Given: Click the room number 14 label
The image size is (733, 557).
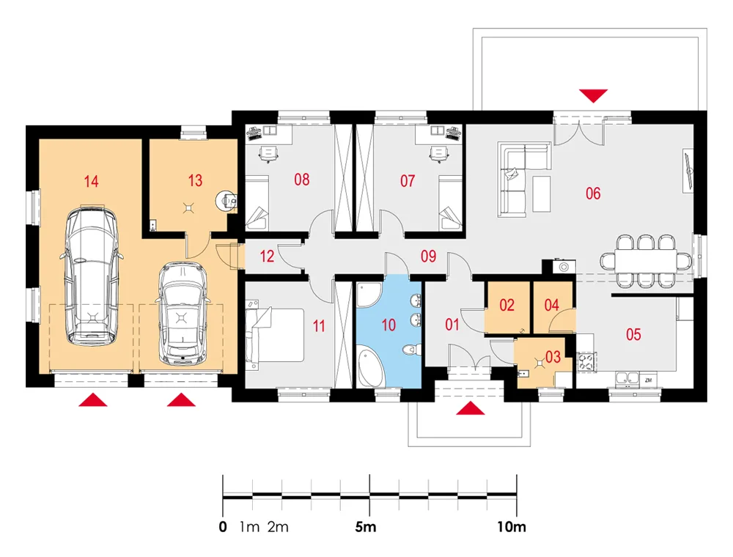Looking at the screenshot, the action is point(91,181).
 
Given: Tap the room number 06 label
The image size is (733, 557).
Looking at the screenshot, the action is point(593,193).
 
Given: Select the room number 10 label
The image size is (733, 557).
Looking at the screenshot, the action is point(388,325).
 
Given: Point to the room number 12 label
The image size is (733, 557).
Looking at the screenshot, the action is point(267,256).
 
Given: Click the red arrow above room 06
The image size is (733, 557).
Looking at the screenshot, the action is point(594,95).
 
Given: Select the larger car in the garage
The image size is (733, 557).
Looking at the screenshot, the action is point(92,276).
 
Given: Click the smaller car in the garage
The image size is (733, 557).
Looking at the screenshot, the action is point(181,313).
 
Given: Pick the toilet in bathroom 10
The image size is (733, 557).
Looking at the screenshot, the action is point(412,349).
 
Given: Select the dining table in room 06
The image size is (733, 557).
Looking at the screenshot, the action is point(646,261).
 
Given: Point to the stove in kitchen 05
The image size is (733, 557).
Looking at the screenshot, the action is point(586,361).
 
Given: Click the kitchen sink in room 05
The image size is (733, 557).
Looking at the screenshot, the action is point(627,379).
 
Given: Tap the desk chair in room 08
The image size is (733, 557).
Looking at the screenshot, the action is point(268,153).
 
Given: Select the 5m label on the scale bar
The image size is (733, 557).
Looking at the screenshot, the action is point(366,527).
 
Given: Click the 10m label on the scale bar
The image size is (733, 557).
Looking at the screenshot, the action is point(512,527).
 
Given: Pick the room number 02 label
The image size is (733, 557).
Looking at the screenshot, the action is point(507,305).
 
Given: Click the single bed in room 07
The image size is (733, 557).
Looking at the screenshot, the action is point(450,203).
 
